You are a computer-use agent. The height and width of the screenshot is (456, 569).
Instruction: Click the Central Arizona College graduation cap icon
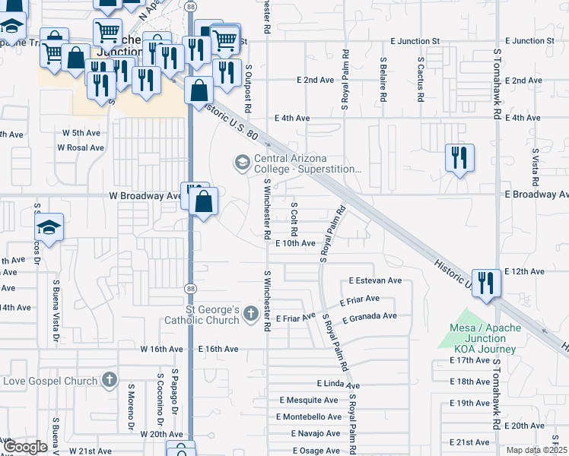coord(242,163)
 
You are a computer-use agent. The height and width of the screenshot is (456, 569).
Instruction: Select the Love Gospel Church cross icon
coord(110,380)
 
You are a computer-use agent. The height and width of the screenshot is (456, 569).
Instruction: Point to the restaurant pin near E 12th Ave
coord(487,283)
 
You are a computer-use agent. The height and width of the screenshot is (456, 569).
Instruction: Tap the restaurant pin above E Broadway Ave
coord(459,158)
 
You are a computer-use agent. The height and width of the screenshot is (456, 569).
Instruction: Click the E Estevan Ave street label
coord(375,280)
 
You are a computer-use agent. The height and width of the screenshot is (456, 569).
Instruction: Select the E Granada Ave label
coord(370,316)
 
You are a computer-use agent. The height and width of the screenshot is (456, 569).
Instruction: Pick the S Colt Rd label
coord(294,218)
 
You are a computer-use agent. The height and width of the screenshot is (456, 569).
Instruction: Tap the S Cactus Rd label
coord(420,79)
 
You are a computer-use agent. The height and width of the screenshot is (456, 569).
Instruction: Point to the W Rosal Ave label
coord(80,147)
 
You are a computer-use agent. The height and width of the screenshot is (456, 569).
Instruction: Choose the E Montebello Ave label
coord(310,416)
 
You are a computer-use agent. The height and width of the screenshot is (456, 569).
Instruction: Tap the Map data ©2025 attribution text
coord(536,450)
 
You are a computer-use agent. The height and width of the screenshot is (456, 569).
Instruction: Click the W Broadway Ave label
coord(145,195)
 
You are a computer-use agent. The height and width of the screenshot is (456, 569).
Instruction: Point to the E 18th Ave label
coord(469,382)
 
